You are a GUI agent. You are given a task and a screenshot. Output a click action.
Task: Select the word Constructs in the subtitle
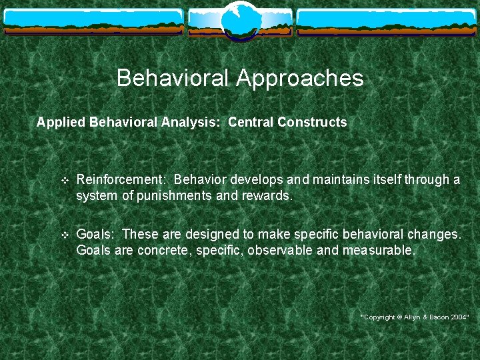coord(312,123)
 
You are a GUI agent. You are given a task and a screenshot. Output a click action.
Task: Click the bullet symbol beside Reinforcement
coord(64,181)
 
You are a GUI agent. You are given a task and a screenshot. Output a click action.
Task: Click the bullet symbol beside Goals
coord(64,235)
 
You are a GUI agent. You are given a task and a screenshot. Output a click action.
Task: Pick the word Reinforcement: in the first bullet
coord(122,180)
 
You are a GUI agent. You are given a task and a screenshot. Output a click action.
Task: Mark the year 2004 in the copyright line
coord(458,317)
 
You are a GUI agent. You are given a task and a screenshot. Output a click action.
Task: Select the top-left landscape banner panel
coord(93,22)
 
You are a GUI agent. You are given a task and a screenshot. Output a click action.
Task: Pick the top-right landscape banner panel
coord(386,22)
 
